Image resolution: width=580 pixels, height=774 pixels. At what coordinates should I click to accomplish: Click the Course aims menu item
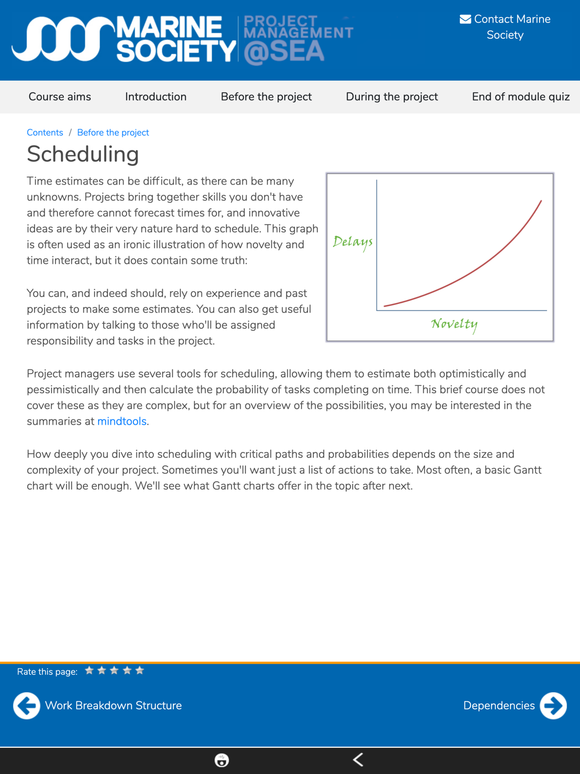click(60, 97)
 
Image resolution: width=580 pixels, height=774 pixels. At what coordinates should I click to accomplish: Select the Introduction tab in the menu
click(155, 97)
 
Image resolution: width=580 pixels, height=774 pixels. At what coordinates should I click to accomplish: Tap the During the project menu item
click(391, 97)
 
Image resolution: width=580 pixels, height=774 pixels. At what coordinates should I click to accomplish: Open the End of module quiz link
click(520, 97)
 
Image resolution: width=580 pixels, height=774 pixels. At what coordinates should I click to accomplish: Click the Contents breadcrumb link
click(45, 132)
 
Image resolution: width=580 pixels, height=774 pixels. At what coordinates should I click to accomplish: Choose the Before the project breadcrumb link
click(113, 132)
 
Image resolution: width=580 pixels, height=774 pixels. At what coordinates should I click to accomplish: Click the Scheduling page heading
click(83, 154)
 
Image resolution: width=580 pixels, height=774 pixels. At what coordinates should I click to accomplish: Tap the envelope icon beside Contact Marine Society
click(465, 19)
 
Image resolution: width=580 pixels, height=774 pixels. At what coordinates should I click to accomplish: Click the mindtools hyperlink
click(122, 421)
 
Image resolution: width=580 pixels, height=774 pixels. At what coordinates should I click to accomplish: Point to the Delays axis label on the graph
click(353, 241)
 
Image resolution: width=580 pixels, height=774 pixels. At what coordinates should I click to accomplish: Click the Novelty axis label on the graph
click(454, 324)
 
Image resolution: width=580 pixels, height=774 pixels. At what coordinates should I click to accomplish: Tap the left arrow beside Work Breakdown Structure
click(27, 706)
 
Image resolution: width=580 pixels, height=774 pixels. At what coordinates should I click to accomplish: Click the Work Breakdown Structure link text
click(113, 706)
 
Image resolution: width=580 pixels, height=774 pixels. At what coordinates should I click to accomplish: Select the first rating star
click(89, 671)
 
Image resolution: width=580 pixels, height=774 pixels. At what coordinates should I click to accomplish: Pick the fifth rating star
click(140, 671)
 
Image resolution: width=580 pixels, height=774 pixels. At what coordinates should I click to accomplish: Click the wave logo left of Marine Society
click(63, 39)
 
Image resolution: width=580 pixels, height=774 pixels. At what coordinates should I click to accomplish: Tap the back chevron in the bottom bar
click(358, 759)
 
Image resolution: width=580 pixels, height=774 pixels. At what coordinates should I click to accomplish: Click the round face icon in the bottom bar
click(222, 760)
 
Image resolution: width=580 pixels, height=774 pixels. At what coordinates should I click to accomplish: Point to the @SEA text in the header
click(284, 52)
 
